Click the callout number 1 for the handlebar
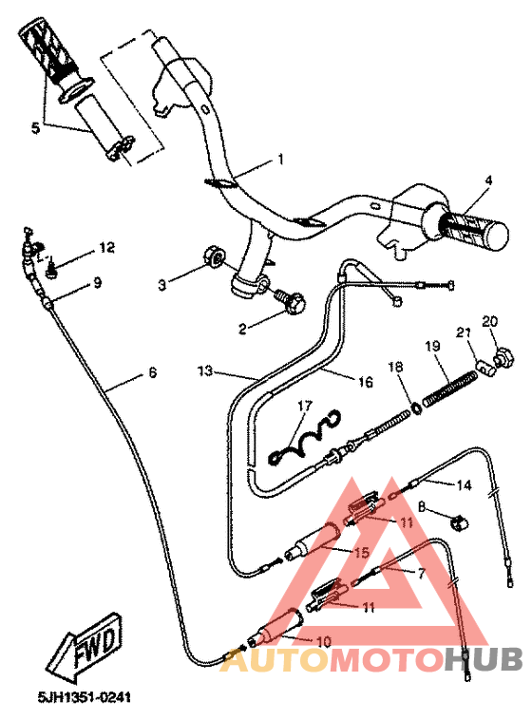[280, 159]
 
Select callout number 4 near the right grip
[488, 180]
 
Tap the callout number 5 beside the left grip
[36, 127]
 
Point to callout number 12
[106, 248]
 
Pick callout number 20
[490, 322]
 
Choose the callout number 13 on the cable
[205, 369]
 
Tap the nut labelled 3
[216, 256]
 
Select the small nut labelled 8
[457, 520]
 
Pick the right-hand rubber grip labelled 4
[472, 229]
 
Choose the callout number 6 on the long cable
[152, 373]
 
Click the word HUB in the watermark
[482, 658]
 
